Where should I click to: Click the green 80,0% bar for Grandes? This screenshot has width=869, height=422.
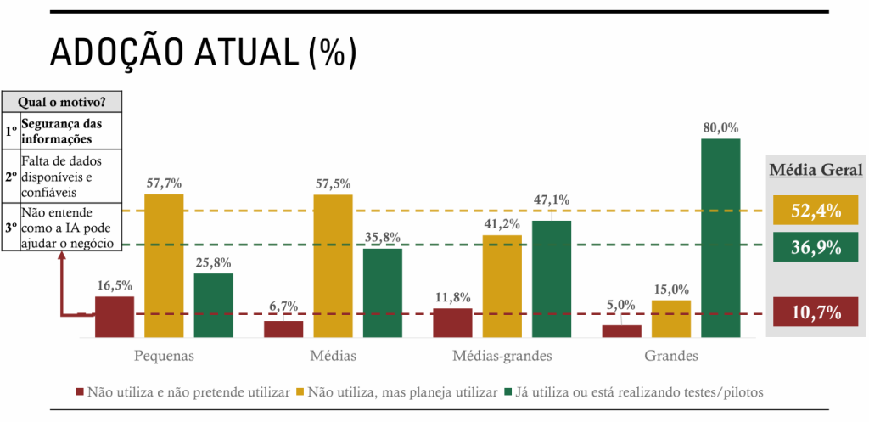click(720, 238)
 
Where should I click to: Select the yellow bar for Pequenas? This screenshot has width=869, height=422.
click(164, 266)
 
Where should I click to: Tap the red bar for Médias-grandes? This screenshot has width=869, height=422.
click(452, 324)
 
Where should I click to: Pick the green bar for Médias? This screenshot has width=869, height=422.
click(383, 293)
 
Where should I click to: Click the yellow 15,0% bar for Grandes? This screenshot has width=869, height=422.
click(671, 318)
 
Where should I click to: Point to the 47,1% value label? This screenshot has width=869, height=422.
click(552, 200)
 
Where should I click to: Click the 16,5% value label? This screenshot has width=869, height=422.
click(114, 285)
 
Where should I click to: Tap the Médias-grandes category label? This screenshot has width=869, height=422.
click(502, 355)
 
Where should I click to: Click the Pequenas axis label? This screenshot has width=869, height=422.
click(164, 355)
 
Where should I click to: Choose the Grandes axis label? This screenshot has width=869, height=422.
click(671, 355)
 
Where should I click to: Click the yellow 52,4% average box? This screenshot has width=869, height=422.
click(816, 210)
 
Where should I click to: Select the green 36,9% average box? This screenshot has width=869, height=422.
click(816, 248)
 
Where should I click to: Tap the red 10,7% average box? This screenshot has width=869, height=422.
click(816, 312)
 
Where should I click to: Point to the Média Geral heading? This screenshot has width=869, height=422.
click(816, 170)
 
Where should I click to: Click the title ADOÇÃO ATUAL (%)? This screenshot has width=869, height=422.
click(204, 53)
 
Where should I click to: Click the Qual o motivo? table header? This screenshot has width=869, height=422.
click(62, 103)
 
